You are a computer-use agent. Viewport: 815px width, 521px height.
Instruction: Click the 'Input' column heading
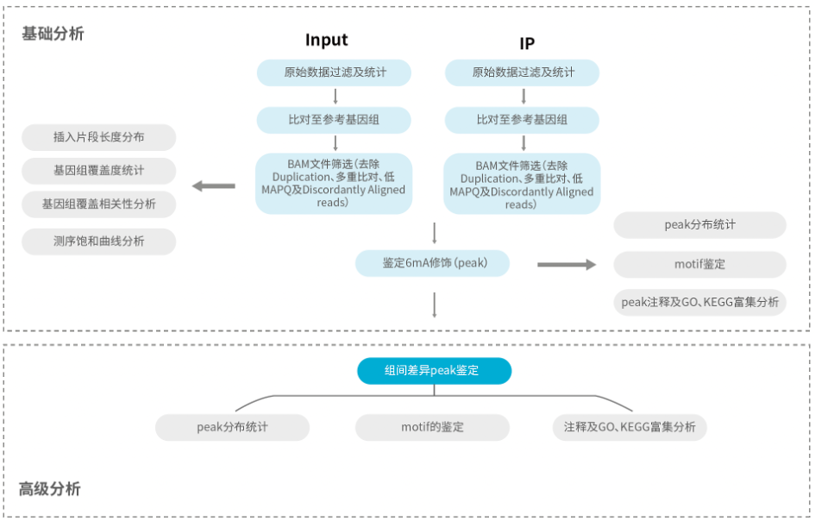(x=326, y=40)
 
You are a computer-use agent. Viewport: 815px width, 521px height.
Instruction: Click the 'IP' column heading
(x=527, y=44)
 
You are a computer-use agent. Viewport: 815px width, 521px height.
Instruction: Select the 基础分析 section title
(x=53, y=34)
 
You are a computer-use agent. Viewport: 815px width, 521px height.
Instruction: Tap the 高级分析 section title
(x=50, y=489)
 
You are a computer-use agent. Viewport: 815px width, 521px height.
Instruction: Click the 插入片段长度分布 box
(x=99, y=137)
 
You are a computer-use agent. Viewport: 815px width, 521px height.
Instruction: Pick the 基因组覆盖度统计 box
(x=99, y=171)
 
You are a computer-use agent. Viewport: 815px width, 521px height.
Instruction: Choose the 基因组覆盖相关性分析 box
(x=99, y=204)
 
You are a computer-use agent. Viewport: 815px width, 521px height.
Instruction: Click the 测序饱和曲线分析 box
(x=99, y=242)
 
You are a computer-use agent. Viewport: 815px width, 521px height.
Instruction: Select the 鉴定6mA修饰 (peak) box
(x=432, y=263)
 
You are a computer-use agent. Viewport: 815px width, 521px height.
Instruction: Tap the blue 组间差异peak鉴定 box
(x=435, y=371)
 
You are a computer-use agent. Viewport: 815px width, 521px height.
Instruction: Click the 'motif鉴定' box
(x=699, y=264)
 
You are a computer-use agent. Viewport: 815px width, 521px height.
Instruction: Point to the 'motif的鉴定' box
(x=432, y=427)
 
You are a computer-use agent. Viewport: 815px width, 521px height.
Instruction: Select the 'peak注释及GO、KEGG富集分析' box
(x=699, y=302)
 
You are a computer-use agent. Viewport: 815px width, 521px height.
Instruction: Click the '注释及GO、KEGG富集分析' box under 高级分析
(x=630, y=427)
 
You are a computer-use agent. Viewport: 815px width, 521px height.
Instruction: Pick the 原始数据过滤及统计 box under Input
(x=335, y=72)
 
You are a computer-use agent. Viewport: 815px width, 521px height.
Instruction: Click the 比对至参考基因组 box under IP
(x=522, y=120)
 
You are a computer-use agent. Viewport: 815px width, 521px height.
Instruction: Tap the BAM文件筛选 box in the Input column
(x=334, y=184)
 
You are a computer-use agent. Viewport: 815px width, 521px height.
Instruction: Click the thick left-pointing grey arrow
(x=214, y=185)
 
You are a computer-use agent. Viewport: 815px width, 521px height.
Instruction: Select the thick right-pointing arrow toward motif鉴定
(x=567, y=265)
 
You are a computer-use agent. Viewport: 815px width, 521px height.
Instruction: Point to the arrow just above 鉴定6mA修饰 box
(x=435, y=233)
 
